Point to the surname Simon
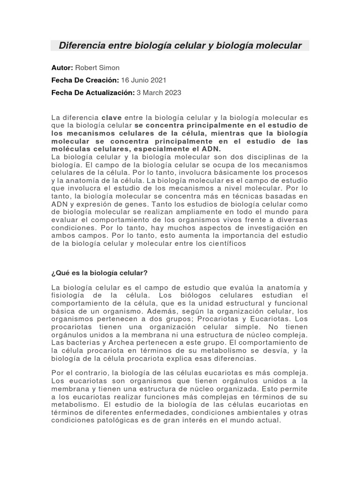point(110,68)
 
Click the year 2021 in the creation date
point(157,80)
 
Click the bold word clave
point(112,117)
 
